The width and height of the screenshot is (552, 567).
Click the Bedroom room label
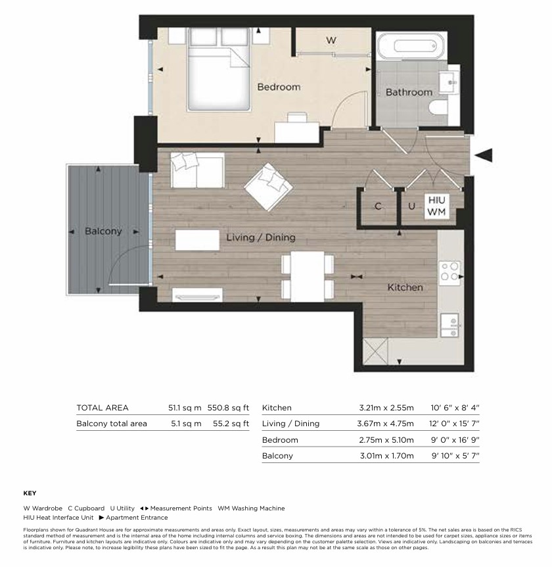[279, 87]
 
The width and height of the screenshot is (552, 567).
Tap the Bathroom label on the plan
[409, 92]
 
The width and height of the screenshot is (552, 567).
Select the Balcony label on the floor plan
[103, 232]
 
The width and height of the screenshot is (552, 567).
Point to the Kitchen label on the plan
[405, 287]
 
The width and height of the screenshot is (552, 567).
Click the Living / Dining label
[261, 237]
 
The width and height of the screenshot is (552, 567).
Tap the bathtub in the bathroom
[412, 46]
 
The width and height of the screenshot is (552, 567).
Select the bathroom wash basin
[449, 82]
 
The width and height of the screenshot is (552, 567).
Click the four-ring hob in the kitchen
[449, 272]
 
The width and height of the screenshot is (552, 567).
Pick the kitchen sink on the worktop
[449, 326]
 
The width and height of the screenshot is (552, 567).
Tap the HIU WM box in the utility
[437, 206]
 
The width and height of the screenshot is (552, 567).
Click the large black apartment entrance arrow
[484, 155]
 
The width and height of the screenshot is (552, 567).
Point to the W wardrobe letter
[331, 40]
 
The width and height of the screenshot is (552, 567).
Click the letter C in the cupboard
[378, 207]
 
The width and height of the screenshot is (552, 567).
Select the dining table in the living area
[308, 277]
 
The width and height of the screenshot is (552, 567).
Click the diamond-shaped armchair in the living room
[268, 187]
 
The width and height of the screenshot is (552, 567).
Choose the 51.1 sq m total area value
[185, 408]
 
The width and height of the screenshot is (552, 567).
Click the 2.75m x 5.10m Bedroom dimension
[386, 440]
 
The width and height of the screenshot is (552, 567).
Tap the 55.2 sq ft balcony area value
[231, 424]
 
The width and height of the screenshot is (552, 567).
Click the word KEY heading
[30, 493]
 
